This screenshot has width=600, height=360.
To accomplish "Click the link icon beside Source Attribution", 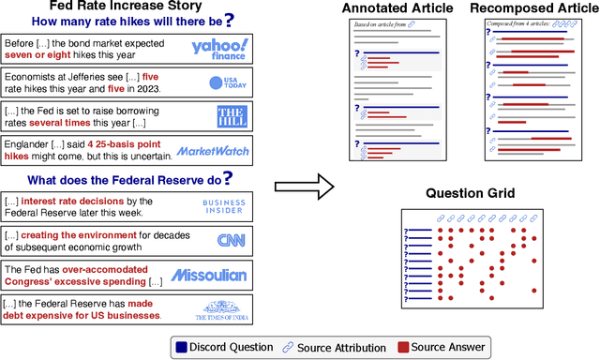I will click(288, 348).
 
